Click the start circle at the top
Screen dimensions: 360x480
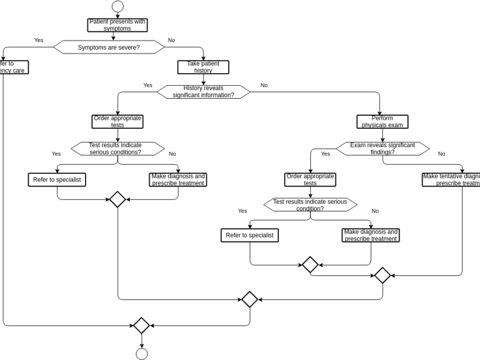pyautogui.click(x=117, y=7)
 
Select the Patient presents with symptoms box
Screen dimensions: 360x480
pyautogui.click(x=117, y=25)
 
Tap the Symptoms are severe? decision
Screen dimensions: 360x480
pyautogui.click(x=109, y=47)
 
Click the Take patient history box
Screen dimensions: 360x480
pyautogui.click(x=203, y=67)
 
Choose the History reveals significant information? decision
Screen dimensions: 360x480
pyautogui.click(x=203, y=92)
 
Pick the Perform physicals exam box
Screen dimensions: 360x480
pyautogui.click(x=382, y=122)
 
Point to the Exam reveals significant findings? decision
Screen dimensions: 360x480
pyautogui.click(x=382, y=148)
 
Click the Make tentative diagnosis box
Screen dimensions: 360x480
pyautogui.click(x=451, y=179)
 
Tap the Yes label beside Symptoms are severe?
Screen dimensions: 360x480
pyautogui.click(x=39, y=40)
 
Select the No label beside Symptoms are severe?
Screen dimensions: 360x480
pyautogui.click(x=171, y=40)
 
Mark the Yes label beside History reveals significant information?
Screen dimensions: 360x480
pyautogui.click(x=148, y=85)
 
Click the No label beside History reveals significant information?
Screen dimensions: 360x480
pyautogui.click(x=264, y=85)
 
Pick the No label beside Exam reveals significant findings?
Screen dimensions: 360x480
pyautogui.click(x=441, y=154)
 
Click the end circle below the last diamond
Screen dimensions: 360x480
pyautogui.click(x=141, y=354)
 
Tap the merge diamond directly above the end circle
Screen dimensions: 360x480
pyautogui.click(x=141, y=326)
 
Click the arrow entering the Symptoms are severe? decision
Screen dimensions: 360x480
pyautogui.click(x=113, y=36)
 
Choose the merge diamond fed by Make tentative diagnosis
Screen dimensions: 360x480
pyautogui.click(x=382, y=275)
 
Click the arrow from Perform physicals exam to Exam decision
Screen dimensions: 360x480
pyautogui.click(x=382, y=135)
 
